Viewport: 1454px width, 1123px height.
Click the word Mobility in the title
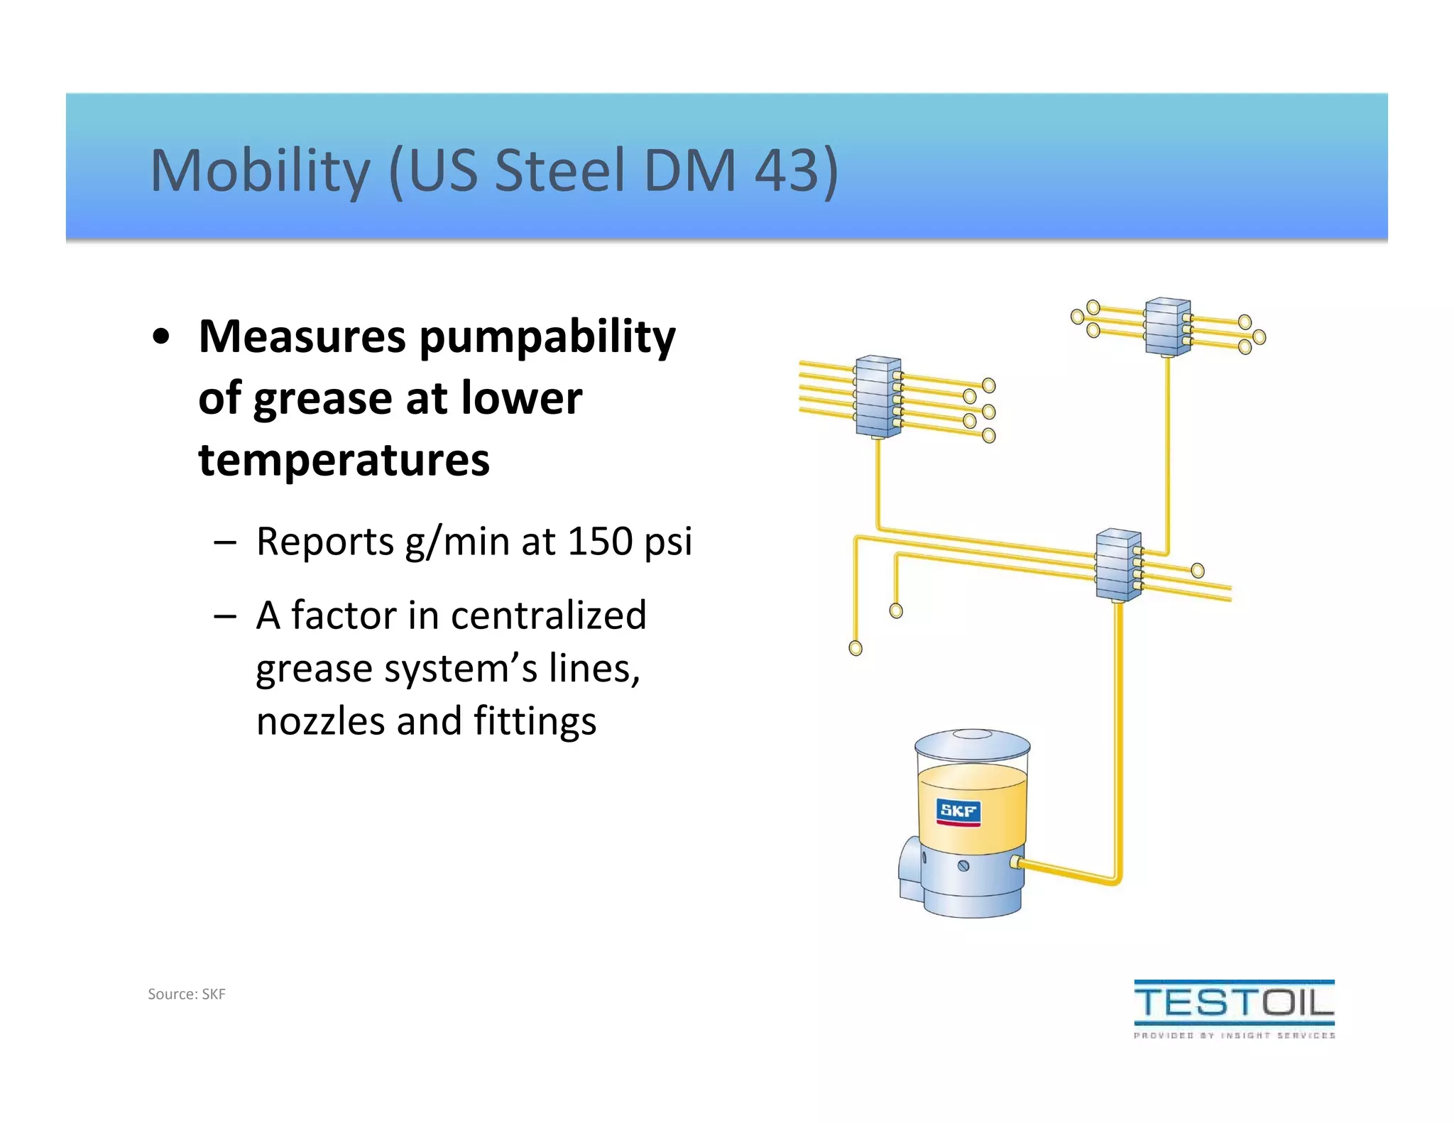pyautogui.click(x=260, y=171)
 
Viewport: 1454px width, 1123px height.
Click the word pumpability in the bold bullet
pyautogui.click(x=547, y=338)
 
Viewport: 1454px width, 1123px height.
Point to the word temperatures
pyautogui.click(x=344, y=460)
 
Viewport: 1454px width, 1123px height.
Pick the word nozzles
pyautogui.click(x=320, y=721)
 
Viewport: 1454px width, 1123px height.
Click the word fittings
pyautogui.click(x=535, y=723)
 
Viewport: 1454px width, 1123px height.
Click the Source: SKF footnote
pyautogui.click(x=186, y=994)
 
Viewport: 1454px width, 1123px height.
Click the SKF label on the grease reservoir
pyautogui.click(x=958, y=811)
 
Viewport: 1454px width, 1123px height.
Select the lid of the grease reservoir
pyautogui.click(x=972, y=745)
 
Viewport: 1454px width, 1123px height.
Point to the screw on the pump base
pyautogui.click(x=963, y=866)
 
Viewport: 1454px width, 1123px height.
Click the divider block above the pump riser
pyautogui.click(x=1118, y=565)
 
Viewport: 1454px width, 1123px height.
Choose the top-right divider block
pyautogui.click(x=1167, y=327)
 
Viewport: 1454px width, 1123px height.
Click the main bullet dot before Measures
pyautogui.click(x=162, y=338)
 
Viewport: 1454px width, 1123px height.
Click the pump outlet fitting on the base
pyautogui.click(x=1016, y=863)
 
